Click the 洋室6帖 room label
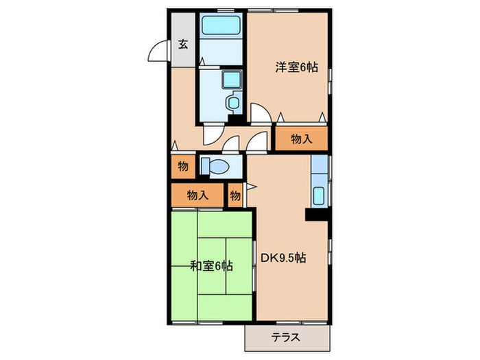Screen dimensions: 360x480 [x=297, y=68]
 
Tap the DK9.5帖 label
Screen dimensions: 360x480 [x=283, y=259]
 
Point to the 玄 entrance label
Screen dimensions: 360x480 [x=183, y=45]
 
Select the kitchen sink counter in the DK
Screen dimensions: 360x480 [x=320, y=184]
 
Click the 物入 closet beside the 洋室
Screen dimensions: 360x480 [x=302, y=139]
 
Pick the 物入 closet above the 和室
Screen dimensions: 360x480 [x=197, y=195]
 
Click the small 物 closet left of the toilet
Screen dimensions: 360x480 [x=183, y=166]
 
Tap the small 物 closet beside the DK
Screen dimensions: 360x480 [x=235, y=196]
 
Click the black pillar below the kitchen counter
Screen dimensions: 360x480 [x=317, y=215]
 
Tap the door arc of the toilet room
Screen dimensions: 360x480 [x=230, y=145]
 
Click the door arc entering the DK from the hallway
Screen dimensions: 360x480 [x=257, y=143]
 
